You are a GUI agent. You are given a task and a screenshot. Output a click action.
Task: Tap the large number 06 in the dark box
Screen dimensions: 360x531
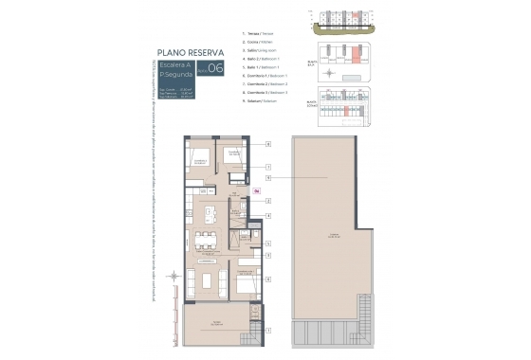(x=216, y=67)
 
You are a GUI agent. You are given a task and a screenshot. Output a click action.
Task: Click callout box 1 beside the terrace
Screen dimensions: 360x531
(x=268, y=330)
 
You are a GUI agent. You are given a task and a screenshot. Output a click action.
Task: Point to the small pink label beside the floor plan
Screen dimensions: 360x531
(x=256, y=190)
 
